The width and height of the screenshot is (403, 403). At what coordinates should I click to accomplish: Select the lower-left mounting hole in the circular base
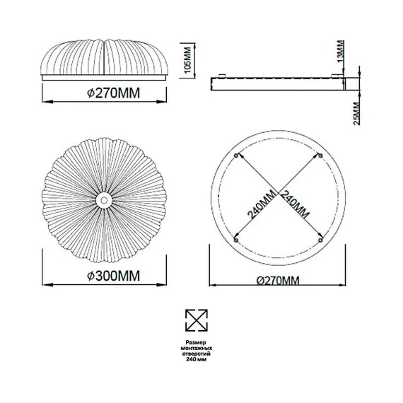235,239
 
